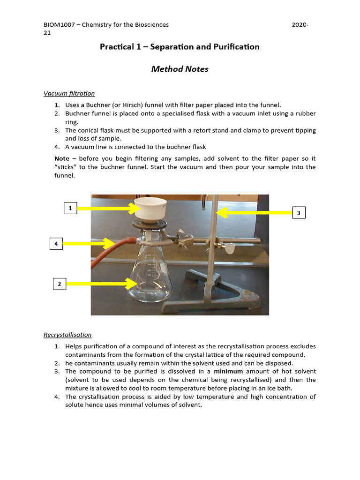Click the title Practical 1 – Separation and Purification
click(x=180, y=47)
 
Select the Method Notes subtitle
click(x=180, y=69)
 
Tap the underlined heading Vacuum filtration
click(x=69, y=94)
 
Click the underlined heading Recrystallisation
click(x=67, y=335)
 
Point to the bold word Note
click(x=61, y=159)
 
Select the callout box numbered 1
click(x=70, y=208)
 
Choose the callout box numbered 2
click(x=60, y=284)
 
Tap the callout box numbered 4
click(x=56, y=243)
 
